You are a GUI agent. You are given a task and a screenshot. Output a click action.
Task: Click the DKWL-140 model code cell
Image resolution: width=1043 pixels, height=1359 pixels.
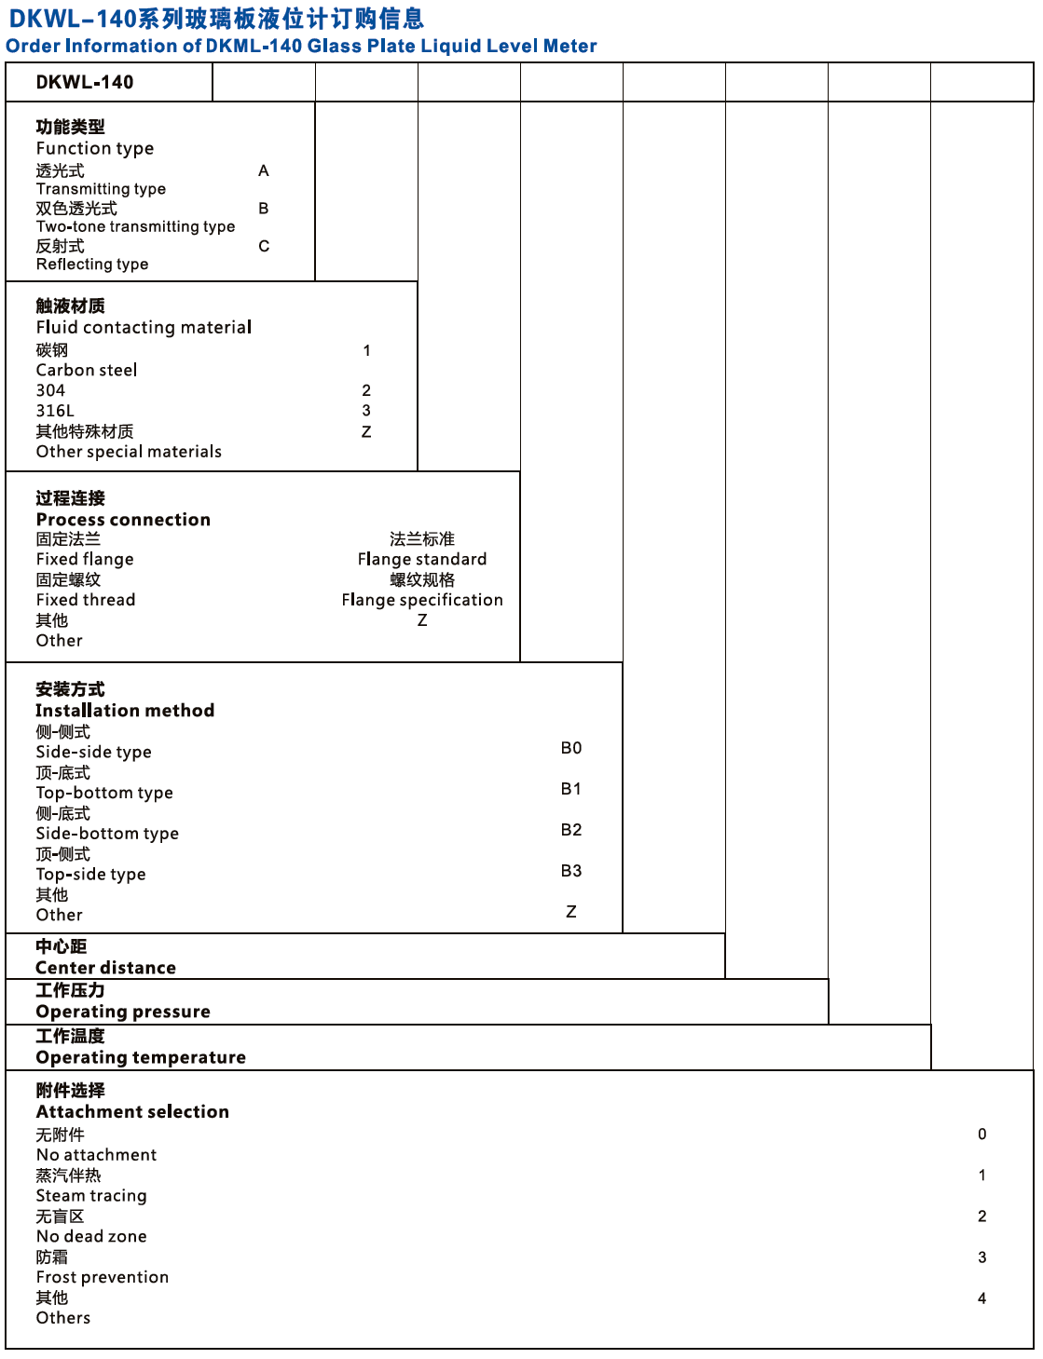pos(85,82)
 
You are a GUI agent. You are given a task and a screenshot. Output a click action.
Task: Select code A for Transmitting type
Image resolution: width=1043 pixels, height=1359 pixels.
pos(264,170)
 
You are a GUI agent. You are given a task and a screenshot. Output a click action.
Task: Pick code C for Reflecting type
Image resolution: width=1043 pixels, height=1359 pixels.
pos(264,246)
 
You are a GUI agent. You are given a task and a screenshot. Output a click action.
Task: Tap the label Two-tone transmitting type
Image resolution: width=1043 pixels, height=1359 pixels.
pos(135,226)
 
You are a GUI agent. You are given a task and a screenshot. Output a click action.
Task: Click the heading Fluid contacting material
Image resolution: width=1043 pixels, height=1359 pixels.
pos(144,327)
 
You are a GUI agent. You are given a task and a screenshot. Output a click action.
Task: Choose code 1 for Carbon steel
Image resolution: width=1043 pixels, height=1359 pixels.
pos(366,350)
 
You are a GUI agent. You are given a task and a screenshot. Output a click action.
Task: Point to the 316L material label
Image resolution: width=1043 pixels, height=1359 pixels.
pos(55,411)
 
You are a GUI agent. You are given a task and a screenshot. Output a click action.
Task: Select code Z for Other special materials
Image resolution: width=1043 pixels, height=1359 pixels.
pos(366,431)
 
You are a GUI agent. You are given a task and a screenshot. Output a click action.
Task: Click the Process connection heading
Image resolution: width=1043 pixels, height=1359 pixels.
pos(123,519)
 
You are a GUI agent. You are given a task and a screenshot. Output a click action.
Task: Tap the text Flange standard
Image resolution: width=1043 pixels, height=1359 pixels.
pos(422,559)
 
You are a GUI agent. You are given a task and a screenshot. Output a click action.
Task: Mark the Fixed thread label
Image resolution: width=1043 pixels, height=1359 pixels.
pos(86,600)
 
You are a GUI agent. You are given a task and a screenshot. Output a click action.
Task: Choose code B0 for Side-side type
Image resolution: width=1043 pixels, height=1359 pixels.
pos(571,748)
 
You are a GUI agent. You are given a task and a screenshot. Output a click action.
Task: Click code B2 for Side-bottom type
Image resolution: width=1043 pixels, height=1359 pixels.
pos(571,830)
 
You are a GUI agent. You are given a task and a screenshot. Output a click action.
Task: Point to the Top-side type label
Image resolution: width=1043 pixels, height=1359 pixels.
pos(90,874)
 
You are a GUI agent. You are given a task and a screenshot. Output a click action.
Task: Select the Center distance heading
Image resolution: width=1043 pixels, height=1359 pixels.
pos(105,967)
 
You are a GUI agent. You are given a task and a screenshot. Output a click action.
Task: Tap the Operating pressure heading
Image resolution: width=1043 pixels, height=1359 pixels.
pos(123,1012)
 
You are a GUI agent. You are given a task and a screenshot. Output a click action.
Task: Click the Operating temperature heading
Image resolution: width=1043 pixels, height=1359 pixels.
pos(141,1057)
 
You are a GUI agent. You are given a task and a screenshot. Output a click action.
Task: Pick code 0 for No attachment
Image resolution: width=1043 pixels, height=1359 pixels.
pos(981,1134)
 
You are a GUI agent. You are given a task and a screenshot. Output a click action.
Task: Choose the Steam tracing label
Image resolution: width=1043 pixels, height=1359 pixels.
pos(91,1195)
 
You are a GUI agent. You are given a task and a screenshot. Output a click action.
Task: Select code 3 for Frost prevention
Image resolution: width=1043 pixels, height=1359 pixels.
pos(981,1257)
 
